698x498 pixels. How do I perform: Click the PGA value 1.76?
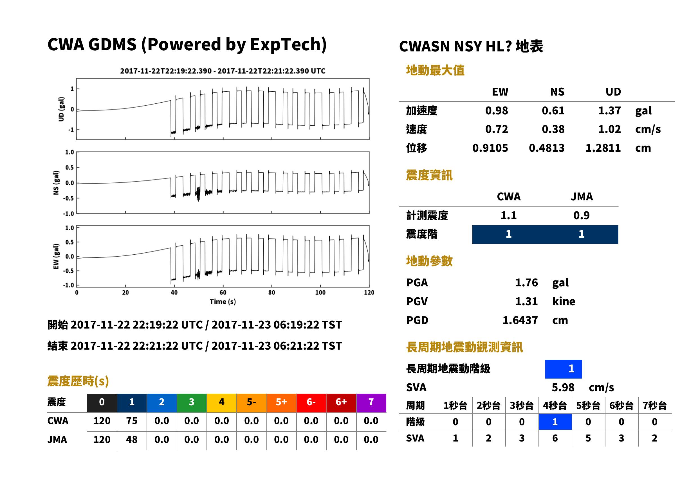coord(526,282)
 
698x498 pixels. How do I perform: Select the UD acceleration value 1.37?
coord(609,110)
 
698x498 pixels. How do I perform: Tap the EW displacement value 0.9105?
coord(490,148)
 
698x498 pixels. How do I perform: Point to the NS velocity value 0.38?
coord(553,129)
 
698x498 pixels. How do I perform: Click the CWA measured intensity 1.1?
coord(509,215)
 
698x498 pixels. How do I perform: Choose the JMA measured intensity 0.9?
coord(581,215)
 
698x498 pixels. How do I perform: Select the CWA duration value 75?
coord(132,421)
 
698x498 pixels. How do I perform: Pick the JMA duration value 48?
coord(132,440)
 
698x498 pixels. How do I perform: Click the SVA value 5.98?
coord(563,387)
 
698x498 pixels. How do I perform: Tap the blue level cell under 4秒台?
coord(555,422)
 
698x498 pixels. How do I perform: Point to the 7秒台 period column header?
coord(654,405)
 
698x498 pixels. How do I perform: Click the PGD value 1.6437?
coord(520,320)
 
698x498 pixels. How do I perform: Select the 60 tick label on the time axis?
coord(223,293)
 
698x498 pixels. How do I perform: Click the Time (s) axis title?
coord(223,302)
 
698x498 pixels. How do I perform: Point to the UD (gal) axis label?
coord(61,109)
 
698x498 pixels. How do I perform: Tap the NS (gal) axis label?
coord(56,183)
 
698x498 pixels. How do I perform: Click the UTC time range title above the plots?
coord(223,71)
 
